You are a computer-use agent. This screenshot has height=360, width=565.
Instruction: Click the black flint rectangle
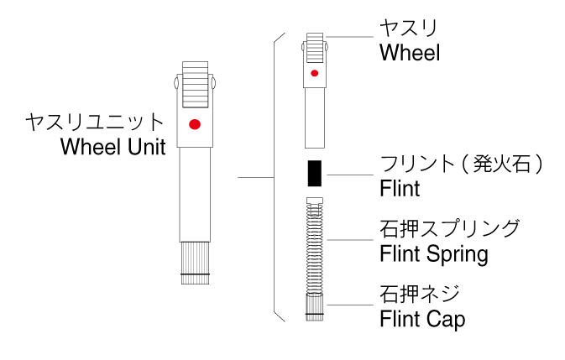point(315,173)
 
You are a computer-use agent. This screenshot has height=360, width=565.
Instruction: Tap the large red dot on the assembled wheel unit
point(195,125)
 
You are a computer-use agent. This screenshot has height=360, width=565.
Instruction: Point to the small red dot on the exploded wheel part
point(314,74)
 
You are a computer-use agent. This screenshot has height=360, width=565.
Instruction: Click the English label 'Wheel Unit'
point(113,147)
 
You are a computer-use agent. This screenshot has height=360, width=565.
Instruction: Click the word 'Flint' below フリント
point(400,187)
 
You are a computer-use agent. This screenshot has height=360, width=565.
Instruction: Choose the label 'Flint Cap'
point(422,318)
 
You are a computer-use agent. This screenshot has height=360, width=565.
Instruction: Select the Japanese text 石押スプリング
point(450,227)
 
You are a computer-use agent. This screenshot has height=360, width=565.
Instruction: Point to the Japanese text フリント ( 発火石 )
point(462,163)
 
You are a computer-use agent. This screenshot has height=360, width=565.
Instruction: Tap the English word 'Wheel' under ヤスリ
point(410,53)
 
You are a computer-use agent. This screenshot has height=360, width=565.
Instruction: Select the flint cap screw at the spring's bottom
point(314,307)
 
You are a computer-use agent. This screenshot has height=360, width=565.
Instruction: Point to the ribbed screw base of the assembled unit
point(195,263)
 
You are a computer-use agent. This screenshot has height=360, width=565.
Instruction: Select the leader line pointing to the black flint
point(348,175)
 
